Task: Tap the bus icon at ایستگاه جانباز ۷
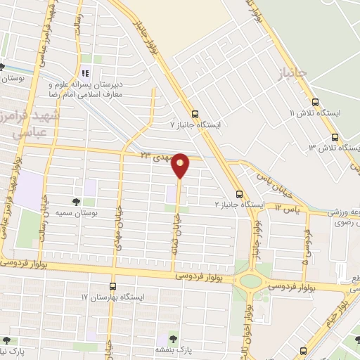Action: [x=195, y=113]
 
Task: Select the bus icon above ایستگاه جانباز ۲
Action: [x=240, y=194]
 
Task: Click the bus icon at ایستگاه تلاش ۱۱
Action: [x=315, y=101]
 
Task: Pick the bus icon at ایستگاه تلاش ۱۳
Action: [x=334, y=137]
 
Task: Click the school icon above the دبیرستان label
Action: [x=86, y=73]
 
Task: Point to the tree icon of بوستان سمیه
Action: [x=76, y=202]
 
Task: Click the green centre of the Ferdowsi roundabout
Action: [x=250, y=281]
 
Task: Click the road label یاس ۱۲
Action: [x=286, y=209]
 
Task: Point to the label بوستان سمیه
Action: [x=98, y=212]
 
